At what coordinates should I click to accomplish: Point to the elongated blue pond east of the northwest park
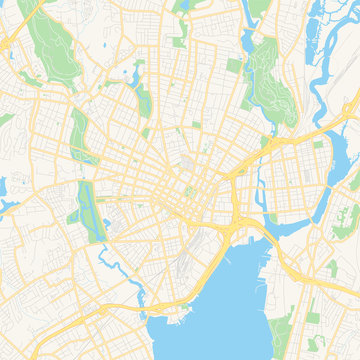pos(128,73)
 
